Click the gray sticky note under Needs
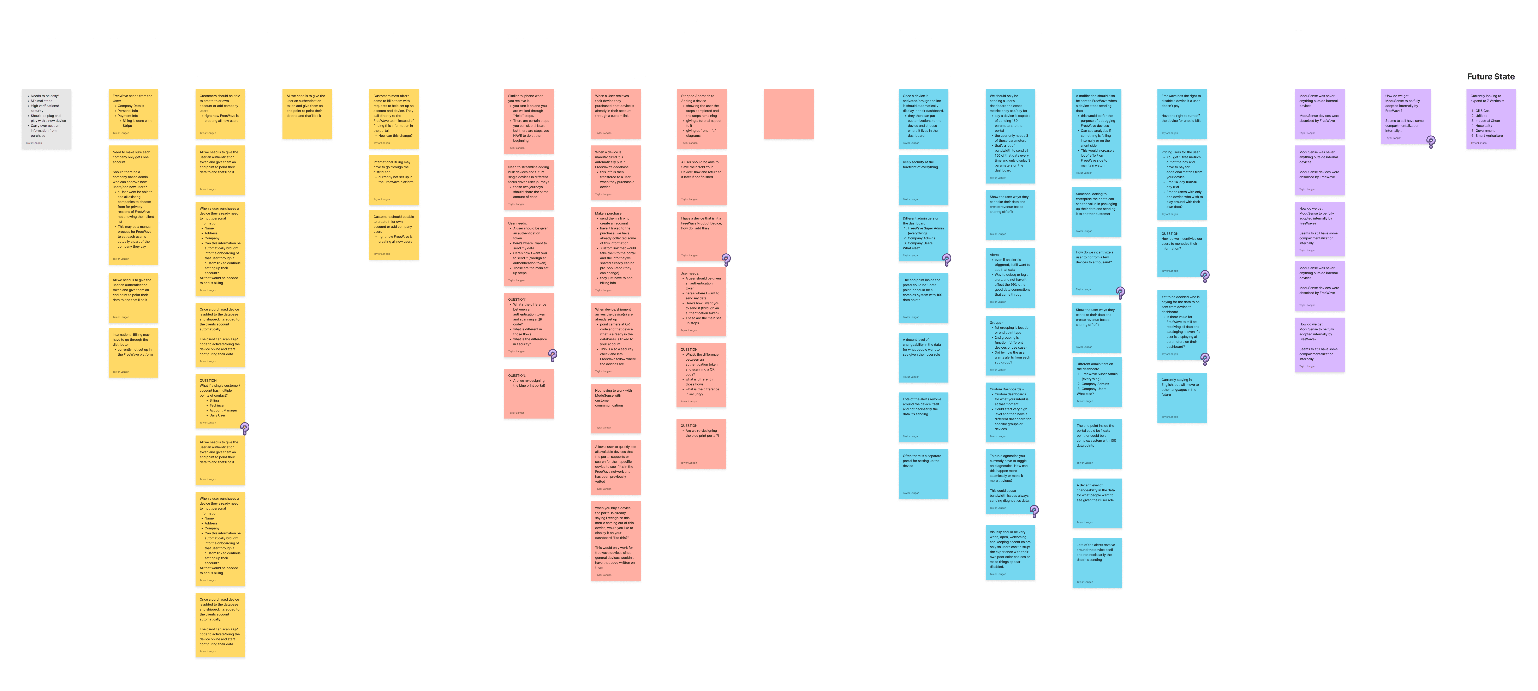coord(47,119)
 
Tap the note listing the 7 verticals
coord(1491,119)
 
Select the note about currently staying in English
coord(1182,398)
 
